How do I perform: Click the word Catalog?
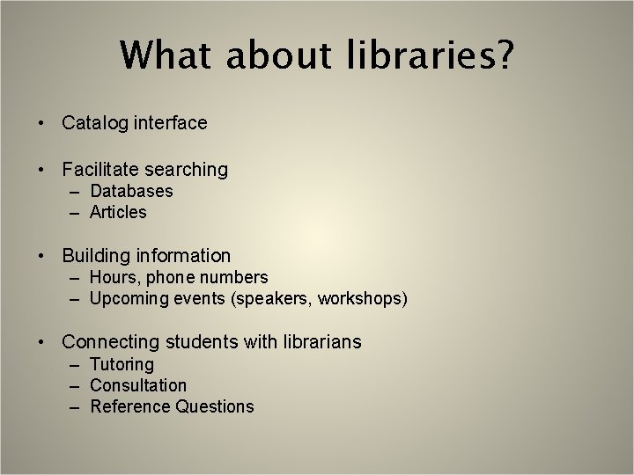[x=95, y=123]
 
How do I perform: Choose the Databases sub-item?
[x=131, y=191]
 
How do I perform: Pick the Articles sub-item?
[x=118, y=212]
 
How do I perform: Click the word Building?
[x=96, y=256]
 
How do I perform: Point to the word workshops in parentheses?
[x=362, y=299]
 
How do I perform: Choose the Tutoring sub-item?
[x=122, y=364]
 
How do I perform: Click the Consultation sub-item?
[x=138, y=385]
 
